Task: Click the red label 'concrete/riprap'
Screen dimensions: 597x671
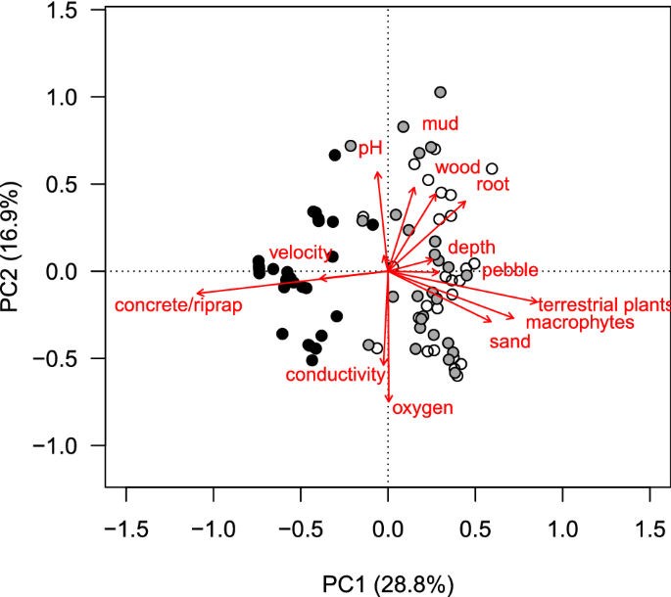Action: tap(178, 306)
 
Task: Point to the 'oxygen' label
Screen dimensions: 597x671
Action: tap(422, 408)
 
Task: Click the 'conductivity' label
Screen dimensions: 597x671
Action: tap(334, 375)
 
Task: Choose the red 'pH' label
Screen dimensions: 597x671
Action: tap(369, 149)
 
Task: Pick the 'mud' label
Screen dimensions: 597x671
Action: tap(441, 124)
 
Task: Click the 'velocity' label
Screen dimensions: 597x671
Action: tap(301, 253)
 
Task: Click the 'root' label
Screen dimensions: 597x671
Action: tap(493, 184)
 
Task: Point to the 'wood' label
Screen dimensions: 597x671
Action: tap(457, 167)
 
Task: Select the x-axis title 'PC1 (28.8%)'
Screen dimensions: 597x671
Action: tap(388, 584)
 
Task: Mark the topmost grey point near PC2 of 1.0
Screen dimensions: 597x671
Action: tap(440, 92)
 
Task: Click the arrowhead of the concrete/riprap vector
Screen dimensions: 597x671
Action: tap(198, 293)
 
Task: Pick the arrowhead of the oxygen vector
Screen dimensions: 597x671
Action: tap(389, 400)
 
